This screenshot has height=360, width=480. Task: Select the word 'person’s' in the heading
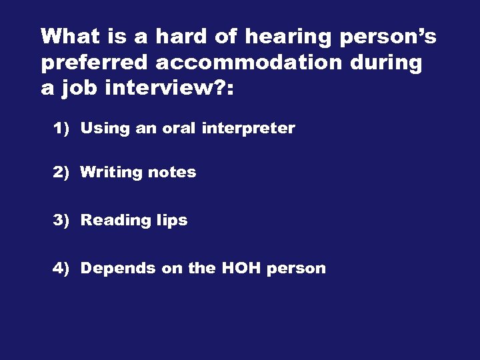(x=388, y=37)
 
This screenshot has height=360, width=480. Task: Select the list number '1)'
(x=61, y=128)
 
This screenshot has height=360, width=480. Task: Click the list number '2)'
(x=61, y=172)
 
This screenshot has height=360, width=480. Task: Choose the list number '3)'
(x=61, y=220)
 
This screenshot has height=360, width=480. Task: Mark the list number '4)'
(x=61, y=268)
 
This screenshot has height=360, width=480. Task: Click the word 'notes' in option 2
(x=172, y=172)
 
